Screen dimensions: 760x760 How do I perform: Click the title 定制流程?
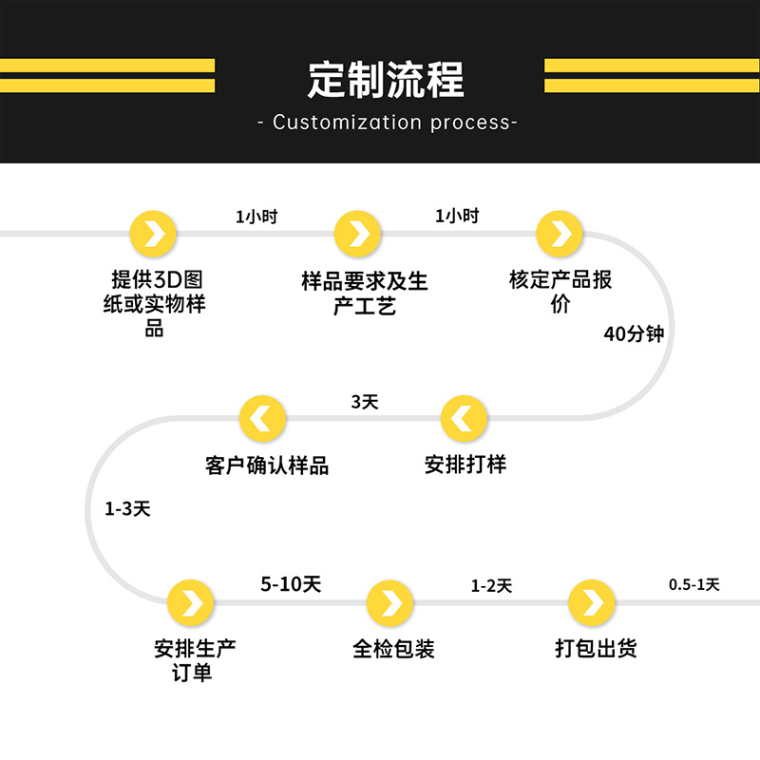386,80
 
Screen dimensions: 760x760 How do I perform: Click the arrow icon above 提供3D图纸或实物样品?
154,234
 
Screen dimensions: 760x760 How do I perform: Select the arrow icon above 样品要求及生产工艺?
358,234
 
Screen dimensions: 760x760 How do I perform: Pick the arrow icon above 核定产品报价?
560,234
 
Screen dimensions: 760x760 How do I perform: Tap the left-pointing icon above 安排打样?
465,418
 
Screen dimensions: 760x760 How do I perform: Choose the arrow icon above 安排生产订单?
191,603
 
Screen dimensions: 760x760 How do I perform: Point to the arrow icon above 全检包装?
390,603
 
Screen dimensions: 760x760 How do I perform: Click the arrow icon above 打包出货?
592,603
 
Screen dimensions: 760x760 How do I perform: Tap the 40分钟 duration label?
633,334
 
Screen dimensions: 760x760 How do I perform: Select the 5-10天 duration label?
291,584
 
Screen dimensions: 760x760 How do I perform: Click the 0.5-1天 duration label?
693,585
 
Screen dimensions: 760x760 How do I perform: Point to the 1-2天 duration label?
491,586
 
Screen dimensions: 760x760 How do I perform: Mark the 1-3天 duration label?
127,508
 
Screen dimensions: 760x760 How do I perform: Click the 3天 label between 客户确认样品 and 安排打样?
365,402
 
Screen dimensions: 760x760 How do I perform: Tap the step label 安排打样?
465,465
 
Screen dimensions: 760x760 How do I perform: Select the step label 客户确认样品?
267,465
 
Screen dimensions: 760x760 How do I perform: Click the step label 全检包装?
393,650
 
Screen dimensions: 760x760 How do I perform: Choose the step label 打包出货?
596,650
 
